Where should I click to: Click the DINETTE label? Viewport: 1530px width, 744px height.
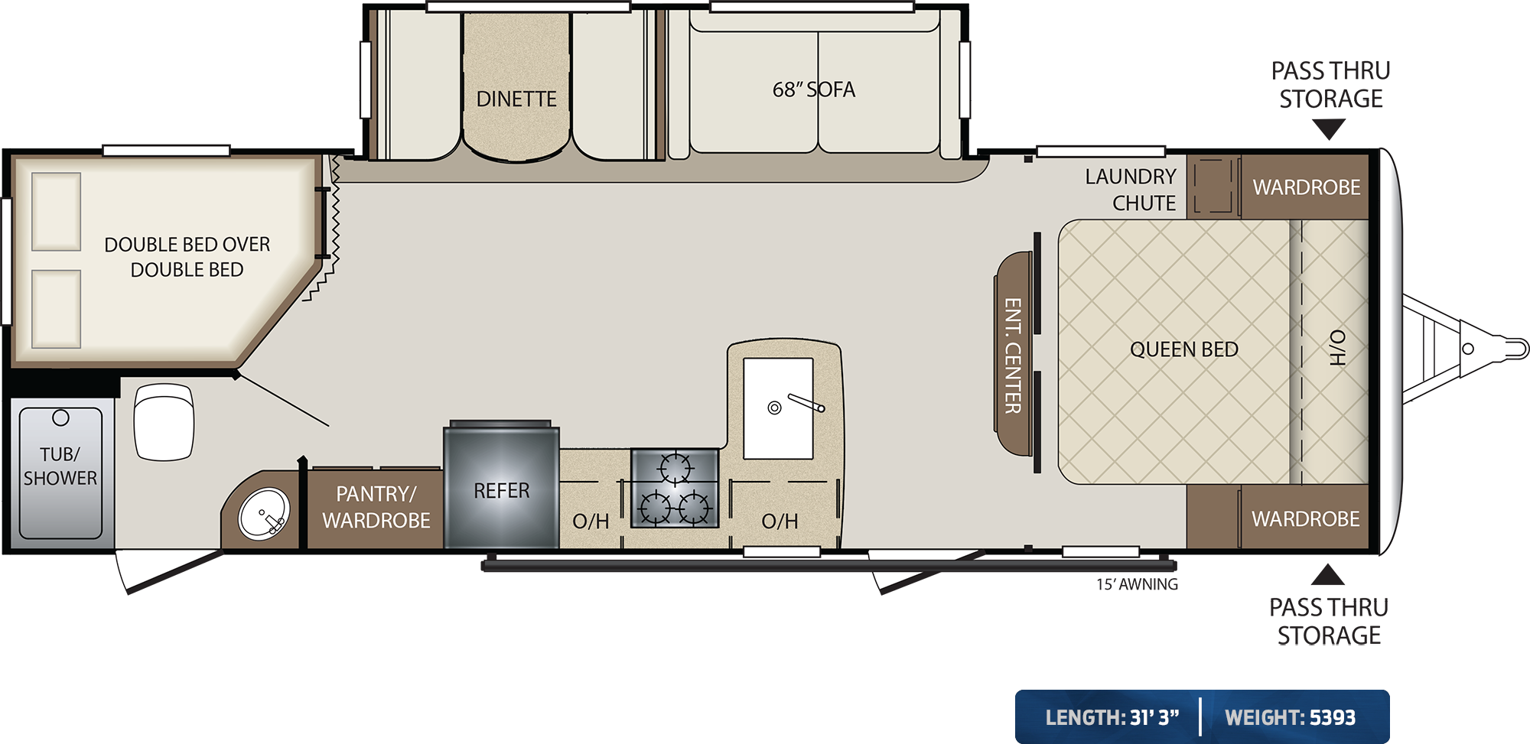tap(516, 99)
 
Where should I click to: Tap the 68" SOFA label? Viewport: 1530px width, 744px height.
tap(814, 89)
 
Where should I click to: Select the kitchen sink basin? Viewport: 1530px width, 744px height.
tap(778, 408)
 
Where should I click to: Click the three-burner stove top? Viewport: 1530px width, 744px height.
tap(675, 488)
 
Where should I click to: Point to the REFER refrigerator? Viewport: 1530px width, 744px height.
tap(502, 487)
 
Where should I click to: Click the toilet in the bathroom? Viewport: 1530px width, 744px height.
tap(164, 421)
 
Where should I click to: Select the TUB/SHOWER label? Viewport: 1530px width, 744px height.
tap(60, 466)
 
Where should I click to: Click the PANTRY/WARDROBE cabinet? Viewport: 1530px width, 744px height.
tap(376, 508)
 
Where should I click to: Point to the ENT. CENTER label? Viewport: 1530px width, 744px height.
tap(1013, 356)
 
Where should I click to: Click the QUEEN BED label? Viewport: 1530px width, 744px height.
tap(1184, 349)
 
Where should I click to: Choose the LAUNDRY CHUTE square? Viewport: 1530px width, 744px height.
tap(1213, 186)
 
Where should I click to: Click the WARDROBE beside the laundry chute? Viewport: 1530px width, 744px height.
tap(1305, 187)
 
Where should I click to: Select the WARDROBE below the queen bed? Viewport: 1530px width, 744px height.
tap(1305, 518)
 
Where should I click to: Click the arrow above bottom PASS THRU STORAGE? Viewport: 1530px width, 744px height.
tap(1327, 574)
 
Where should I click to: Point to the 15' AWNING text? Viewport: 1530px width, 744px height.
tap(1137, 584)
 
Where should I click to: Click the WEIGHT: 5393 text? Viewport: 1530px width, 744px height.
tap(1290, 717)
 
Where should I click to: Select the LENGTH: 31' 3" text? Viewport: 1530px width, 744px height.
tap(1112, 717)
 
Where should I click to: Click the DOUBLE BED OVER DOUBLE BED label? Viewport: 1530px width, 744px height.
tap(187, 257)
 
